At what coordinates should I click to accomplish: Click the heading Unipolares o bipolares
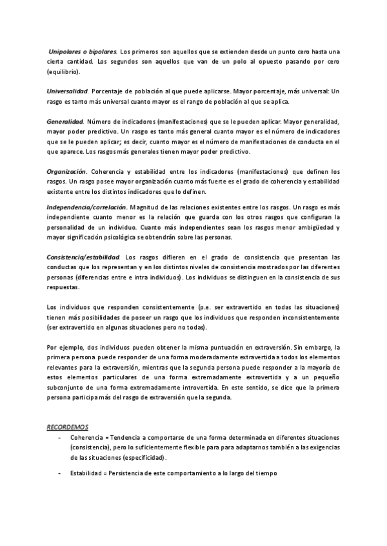point(83,51)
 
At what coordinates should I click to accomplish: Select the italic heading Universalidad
point(68,91)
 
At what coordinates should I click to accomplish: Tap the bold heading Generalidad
point(65,121)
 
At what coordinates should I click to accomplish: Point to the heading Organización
point(67,172)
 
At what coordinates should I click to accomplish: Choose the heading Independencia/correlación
point(87,207)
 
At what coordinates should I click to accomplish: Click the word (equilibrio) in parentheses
point(63,71)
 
